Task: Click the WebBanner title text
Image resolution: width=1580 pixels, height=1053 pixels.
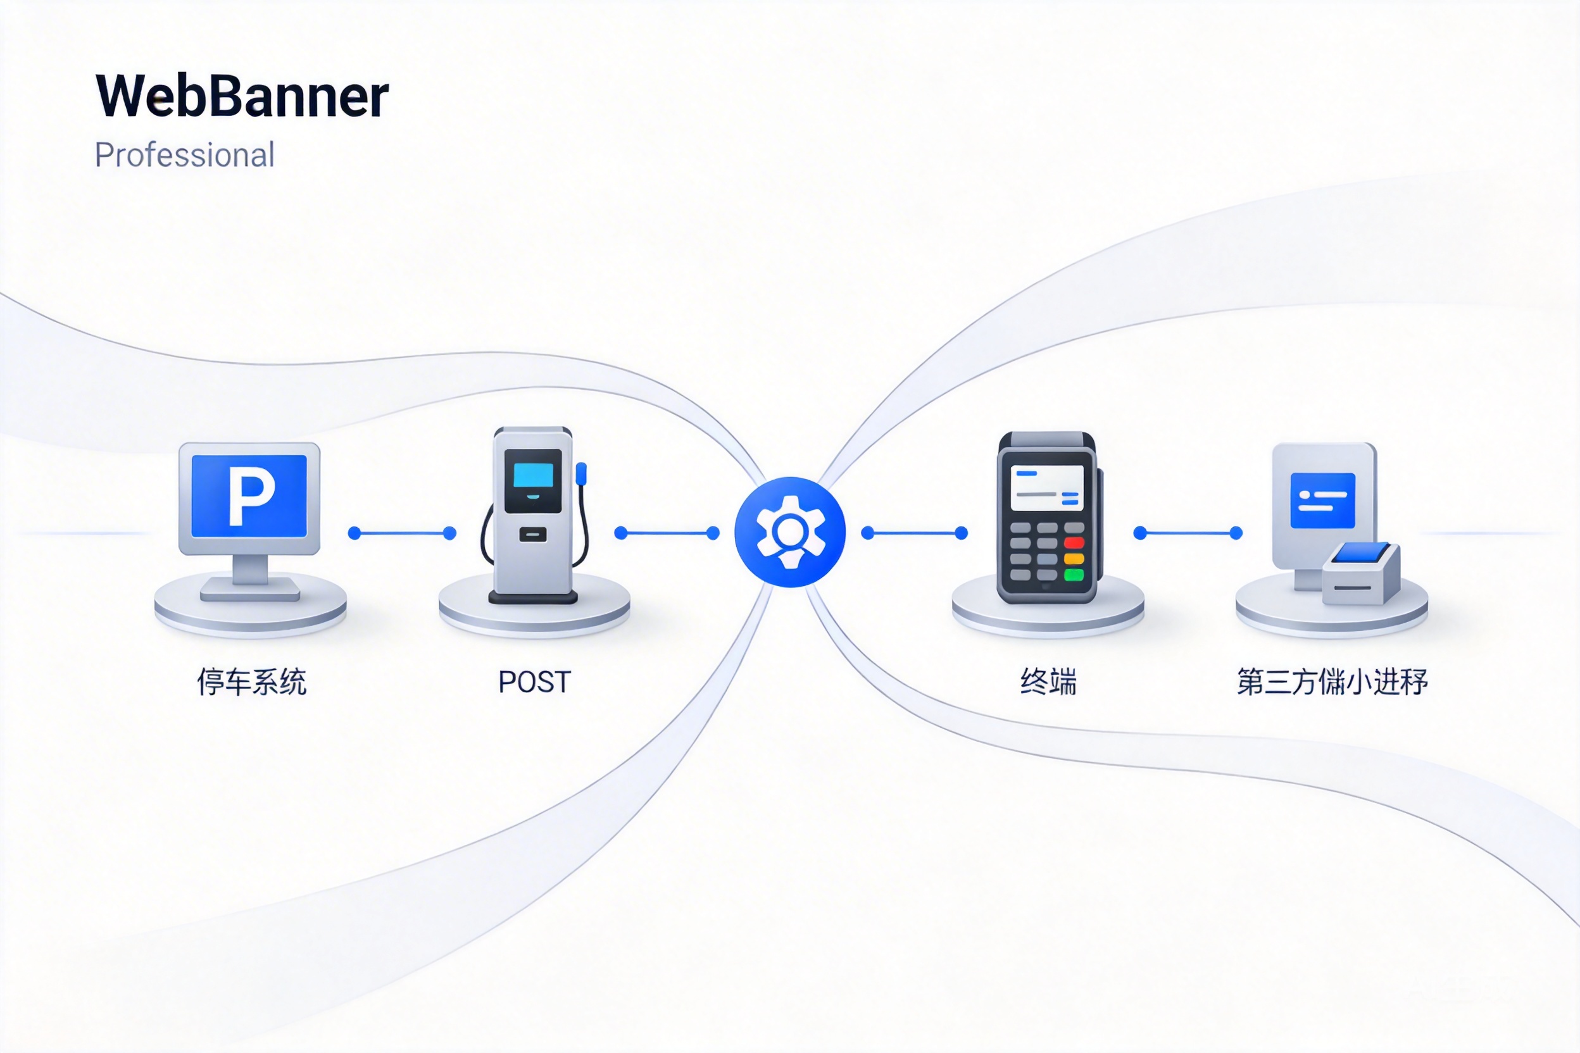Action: (x=242, y=96)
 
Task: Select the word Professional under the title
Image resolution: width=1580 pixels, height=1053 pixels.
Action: (x=185, y=155)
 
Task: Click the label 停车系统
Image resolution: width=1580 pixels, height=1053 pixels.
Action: (x=252, y=682)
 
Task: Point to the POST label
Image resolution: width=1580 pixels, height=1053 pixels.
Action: (x=534, y=682)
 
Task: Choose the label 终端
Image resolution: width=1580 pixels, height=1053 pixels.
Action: (x=1048, y=682)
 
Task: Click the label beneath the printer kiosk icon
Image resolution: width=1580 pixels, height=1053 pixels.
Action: (x=1332, y=682)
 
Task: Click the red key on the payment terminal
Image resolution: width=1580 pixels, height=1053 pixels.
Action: (x=1074, y=542)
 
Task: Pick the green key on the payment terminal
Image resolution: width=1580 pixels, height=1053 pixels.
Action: (x=1074, y=574)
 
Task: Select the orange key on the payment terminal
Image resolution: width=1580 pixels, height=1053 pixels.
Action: (x=1074, y=559)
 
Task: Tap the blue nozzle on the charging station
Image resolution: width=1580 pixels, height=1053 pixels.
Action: (x=581, y=473)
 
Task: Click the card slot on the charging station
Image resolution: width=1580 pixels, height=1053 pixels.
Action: (x=533, y=535)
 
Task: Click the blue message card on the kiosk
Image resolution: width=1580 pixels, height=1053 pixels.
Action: (x=1323, y=501)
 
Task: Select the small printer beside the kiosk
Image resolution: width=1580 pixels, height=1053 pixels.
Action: (x=1361, y=574)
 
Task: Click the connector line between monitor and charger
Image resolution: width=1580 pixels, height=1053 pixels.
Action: (x=402, y=533)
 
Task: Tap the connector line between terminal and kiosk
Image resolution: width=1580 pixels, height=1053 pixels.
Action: (x=1188, y=533)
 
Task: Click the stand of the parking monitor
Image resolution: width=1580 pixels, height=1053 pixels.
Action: (x=250, y=574)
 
